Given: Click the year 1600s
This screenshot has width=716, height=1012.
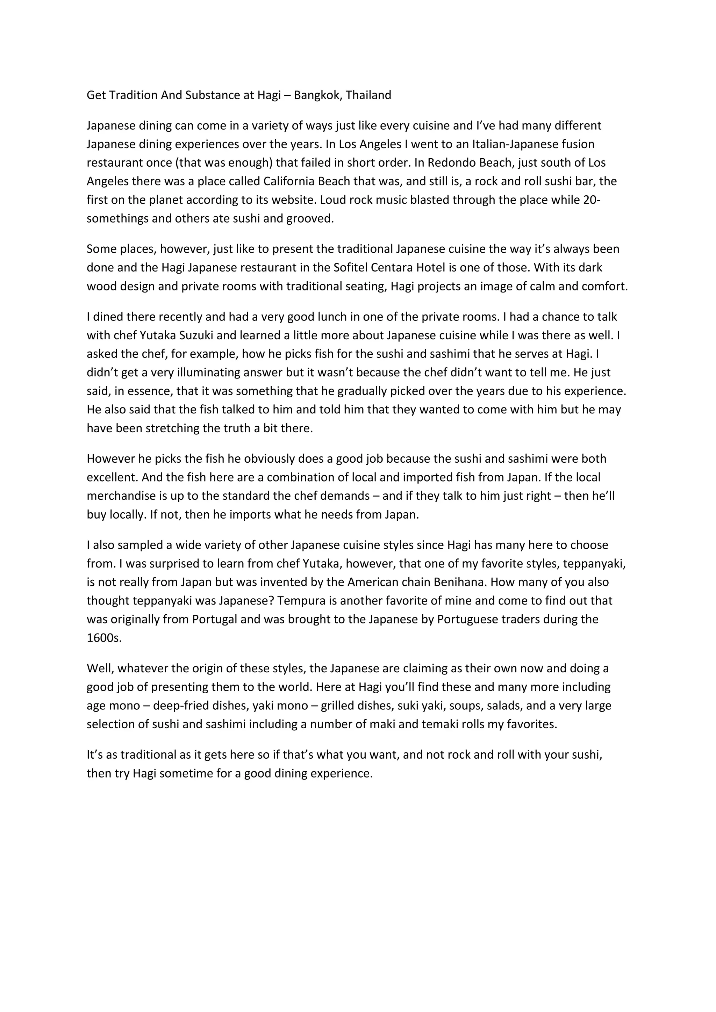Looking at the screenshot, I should [104, 638].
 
